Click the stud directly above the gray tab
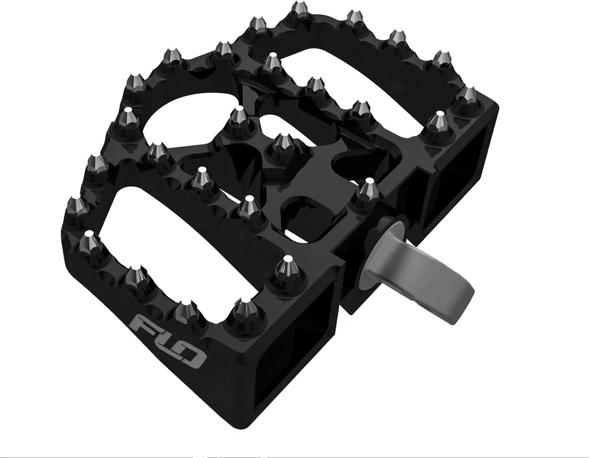pyautogui.click(x=369, y=190)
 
